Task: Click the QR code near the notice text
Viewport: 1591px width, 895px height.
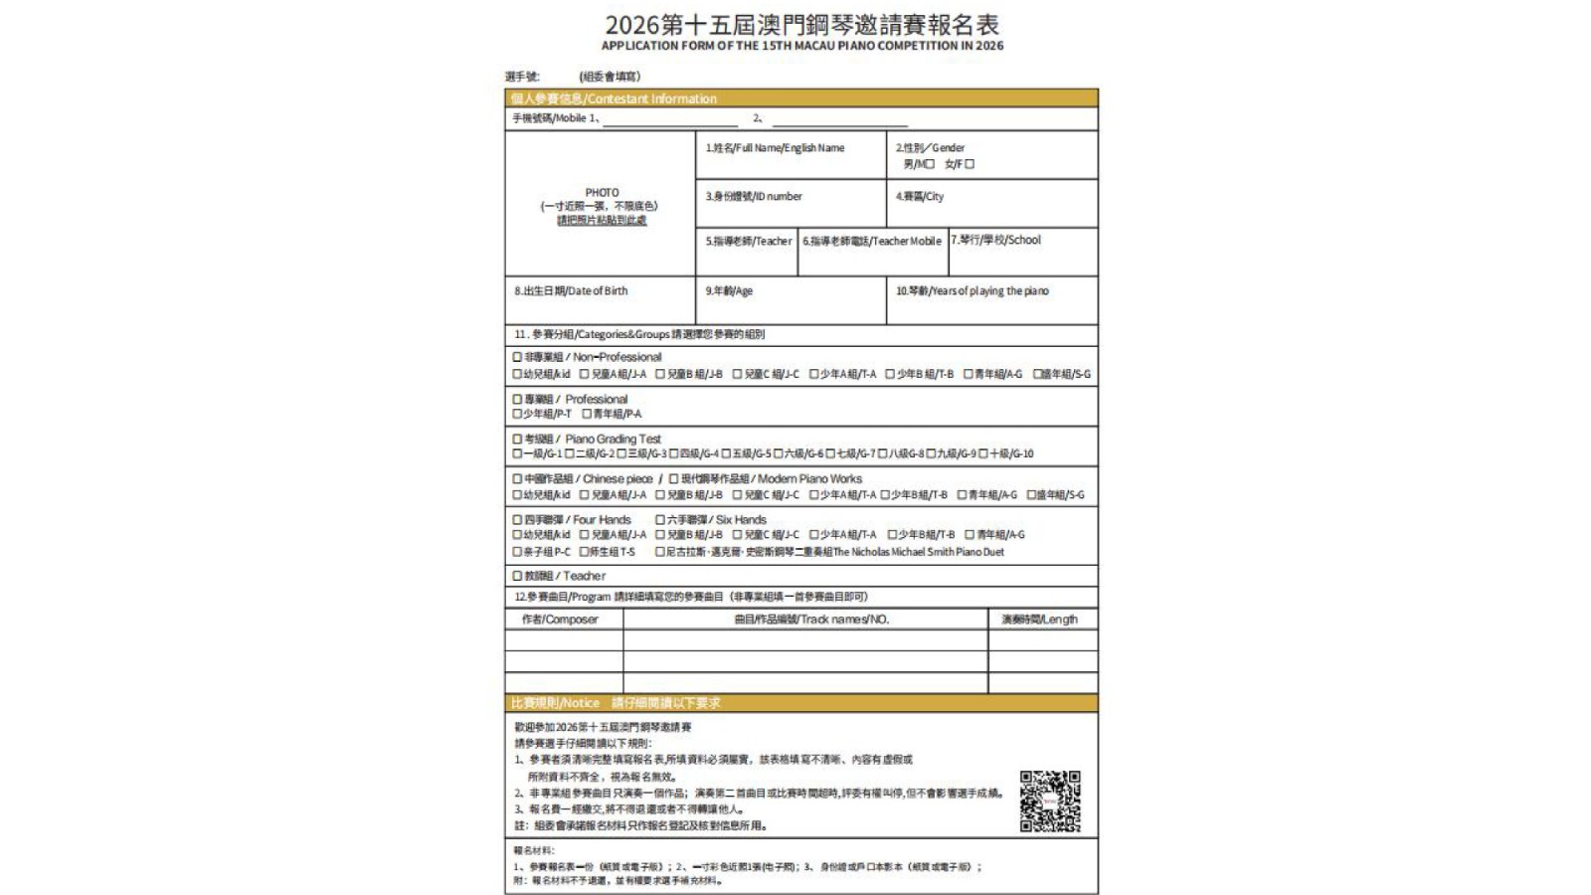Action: point(1049,801)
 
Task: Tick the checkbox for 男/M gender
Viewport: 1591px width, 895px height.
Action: point(930,164)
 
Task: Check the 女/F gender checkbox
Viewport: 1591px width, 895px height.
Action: point(970,164)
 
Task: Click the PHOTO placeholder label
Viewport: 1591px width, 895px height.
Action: point(602,193)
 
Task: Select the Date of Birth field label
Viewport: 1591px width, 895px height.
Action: point(571,291)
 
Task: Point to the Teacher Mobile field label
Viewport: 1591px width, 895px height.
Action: point(872,241)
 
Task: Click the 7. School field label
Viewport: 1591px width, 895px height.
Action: point(995,240)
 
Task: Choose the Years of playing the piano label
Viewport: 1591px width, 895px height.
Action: point(972,291)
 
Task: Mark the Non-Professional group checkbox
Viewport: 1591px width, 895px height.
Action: point(517,357)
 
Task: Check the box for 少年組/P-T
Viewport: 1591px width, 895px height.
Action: point(517,414)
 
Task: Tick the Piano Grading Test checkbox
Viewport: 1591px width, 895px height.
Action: point(517,439)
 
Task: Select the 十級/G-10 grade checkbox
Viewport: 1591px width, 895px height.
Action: point(982,453)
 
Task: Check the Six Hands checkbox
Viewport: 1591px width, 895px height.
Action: point(659,519)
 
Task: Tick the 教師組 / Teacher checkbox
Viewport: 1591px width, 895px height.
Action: point(517,576)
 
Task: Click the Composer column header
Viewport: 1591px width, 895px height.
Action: point(561,620)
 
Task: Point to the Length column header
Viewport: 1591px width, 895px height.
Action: point(1039,620)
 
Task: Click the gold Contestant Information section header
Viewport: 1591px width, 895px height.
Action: point(614,98)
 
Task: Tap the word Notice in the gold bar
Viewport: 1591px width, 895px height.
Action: point(581,703)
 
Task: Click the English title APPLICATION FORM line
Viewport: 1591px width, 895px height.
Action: point(801,46)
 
